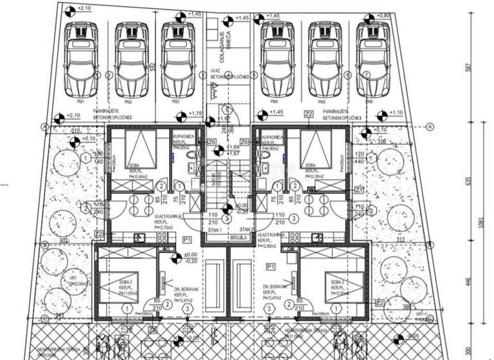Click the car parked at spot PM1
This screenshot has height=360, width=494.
(x=82, y=60)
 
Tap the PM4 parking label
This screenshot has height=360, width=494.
(x=275, y=102)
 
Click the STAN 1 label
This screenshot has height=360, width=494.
(x=214, y=229)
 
